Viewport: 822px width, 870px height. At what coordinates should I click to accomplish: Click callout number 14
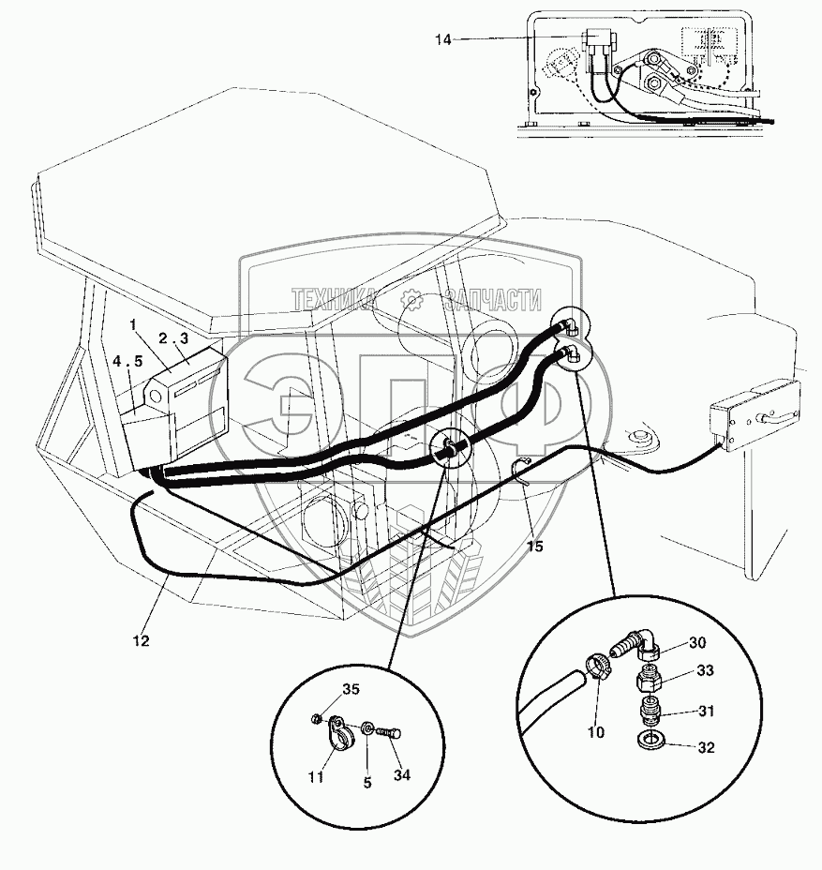tap(443, 38)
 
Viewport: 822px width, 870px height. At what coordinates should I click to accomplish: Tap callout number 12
tap(141, 641)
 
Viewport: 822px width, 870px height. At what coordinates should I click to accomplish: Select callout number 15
tap(535, 546)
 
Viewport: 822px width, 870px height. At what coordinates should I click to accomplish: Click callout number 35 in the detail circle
tap(350, 690)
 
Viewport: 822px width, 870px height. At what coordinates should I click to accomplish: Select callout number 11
tap(315, 777)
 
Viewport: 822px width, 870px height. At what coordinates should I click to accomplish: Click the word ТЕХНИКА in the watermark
tap(334, 300)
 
